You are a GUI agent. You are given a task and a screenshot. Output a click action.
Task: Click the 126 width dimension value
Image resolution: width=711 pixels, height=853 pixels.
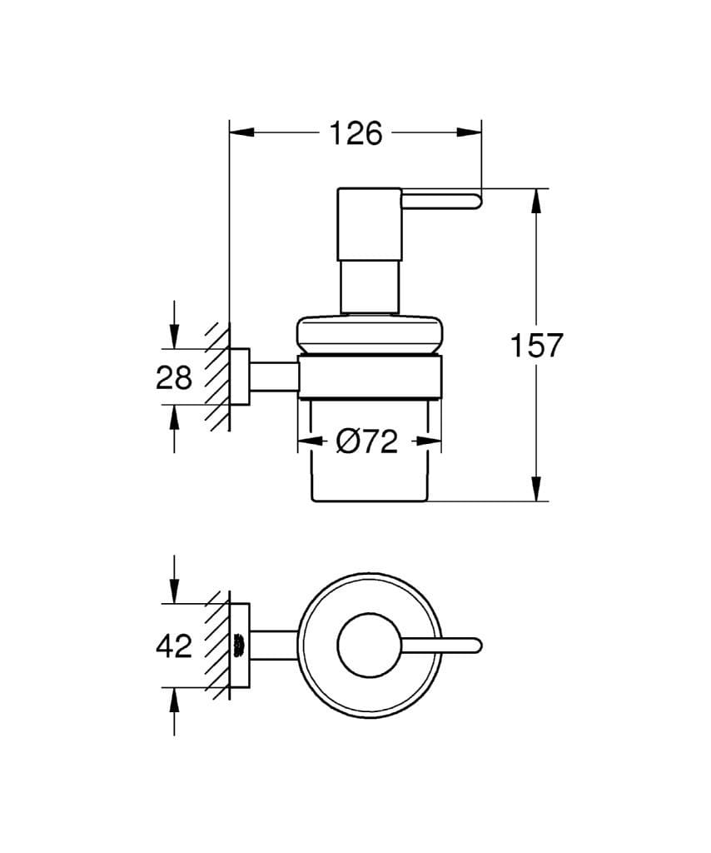(x=355, y=133)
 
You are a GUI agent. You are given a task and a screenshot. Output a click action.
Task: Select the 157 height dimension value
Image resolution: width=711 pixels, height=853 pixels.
(x=536, y=345)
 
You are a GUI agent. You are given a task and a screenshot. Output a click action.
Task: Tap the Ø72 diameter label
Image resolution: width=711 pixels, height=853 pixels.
(x=367, y=442)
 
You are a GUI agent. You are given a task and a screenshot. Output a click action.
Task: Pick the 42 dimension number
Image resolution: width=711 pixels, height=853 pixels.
(x=174, y=646)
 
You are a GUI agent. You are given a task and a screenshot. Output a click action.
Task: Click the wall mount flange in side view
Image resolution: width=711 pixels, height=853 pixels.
(x=239, y=377)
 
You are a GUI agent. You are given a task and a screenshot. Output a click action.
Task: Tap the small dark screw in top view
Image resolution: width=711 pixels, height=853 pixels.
(x=238, y=645)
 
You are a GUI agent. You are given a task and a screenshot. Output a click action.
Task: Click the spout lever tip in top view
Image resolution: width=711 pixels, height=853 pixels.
(x=475, y=646)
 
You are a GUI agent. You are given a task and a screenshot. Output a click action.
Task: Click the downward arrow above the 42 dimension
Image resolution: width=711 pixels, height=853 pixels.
(x=174, y=591)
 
